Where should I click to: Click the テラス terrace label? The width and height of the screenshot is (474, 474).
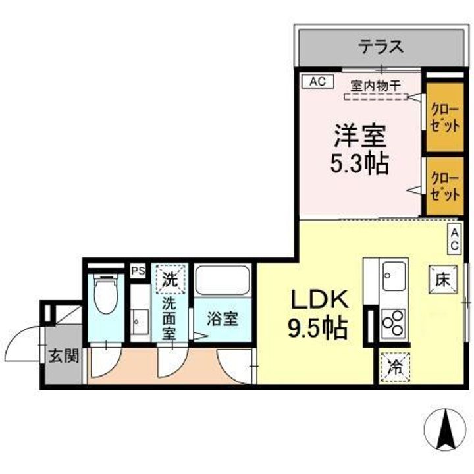click(381, 47)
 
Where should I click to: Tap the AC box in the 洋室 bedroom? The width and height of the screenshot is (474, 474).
click(317, 82)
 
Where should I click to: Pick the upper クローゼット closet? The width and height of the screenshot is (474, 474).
click(444, 116)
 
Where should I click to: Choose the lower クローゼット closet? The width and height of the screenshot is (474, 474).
click(444, 186)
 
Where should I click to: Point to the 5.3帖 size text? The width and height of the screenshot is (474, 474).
click(359, 163)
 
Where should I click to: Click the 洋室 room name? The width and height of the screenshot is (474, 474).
click(359, 136)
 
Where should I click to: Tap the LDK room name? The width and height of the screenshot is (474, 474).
click(319, 300)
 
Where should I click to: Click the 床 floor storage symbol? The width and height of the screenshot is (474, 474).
click(442, 278)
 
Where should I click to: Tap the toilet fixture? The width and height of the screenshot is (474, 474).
click(106, 297)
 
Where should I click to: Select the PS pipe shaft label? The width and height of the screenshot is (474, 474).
click(138, 270)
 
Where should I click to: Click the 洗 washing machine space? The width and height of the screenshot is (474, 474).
click(171, 278)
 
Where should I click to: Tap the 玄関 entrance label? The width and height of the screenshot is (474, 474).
click(63, 356)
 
